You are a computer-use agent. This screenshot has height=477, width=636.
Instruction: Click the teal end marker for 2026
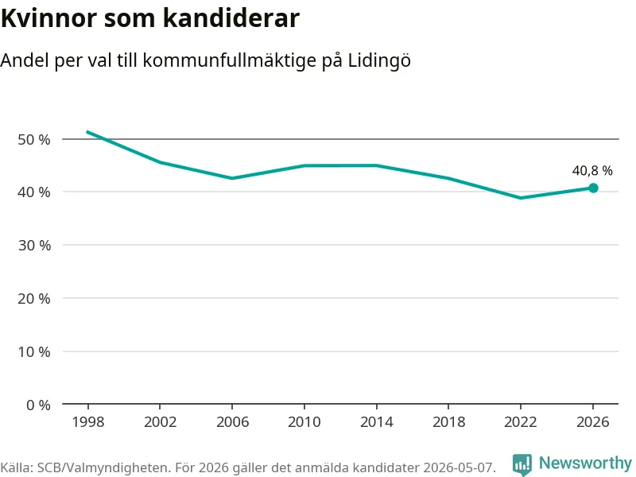tap(593, 188)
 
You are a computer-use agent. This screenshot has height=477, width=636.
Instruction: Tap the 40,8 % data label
tap(592, 171)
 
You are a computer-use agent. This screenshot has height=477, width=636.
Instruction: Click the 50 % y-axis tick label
tap(34, 140)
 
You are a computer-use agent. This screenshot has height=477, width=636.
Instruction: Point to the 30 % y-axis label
tap(34, 246)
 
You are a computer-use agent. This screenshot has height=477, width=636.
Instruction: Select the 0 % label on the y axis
tap(38, 405)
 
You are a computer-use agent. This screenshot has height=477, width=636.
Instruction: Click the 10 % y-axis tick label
tap(34, 351)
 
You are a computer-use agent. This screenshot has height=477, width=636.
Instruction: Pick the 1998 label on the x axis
tap(88, 422)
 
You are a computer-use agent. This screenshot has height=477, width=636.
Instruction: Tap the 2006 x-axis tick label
tap(232, 422)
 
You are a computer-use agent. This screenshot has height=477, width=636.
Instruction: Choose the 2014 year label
tap(376, 422)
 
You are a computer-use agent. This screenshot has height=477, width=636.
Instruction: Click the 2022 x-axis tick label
tap(521, 422)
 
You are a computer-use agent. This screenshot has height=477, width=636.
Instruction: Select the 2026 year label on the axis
tap(592, 422)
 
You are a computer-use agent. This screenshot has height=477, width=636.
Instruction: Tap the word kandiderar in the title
tap(231, 17)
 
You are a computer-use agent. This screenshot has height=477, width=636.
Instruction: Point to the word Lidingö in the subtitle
tap(379, 61)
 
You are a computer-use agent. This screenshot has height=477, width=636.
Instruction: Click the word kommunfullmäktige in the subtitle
tap(230, 61)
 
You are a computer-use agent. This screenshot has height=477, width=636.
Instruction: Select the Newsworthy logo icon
tap(522, 464)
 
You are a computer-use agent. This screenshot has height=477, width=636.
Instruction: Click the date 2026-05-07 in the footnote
tap(460, 467)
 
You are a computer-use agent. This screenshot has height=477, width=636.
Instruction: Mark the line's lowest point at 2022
tap(521, 198)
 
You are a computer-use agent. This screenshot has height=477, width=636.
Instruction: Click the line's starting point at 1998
tap(87, 132)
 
